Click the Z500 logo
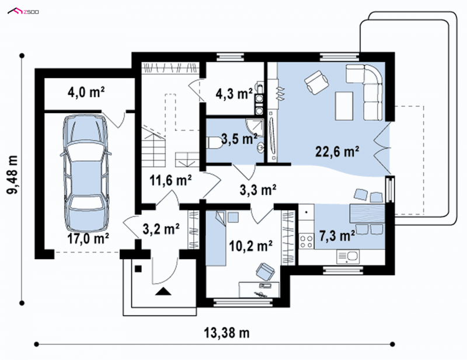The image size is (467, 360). (x=23, y=12)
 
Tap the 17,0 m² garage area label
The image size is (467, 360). (x=88, y=239)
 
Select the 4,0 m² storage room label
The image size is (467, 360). (x=86, y=92)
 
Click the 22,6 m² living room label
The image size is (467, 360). (x=337, y=152)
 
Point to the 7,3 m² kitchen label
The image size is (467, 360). (x=337, y=236)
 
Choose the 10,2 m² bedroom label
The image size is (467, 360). (x=250, y=246)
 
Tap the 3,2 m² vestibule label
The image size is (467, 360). (x=161, y=229)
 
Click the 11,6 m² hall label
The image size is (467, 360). (x=170, y=180)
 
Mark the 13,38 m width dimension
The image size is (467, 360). (x=226, y=333)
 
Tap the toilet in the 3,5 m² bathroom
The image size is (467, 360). (x=214, y=142)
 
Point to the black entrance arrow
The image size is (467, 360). (x=163, y=291)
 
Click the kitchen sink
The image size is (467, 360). (x=348, y=256)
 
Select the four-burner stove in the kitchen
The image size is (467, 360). (x=306, y=241)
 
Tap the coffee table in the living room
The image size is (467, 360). (x=344, y=106)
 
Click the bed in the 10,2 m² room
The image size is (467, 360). (x=216, y=237)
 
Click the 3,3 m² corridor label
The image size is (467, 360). (x=258, y=190)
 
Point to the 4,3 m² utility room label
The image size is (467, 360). (x=234, y=94)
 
